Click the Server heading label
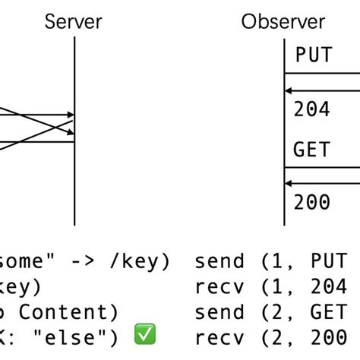(74, 21)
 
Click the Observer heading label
(283, 21)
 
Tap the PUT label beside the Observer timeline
(313, 56)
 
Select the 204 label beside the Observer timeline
(312, 109)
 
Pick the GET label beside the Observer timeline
(312, 149)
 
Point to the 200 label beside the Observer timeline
(312, 202)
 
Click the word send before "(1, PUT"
(219, 261)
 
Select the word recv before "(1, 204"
(219, 286)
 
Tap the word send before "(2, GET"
(219, 311)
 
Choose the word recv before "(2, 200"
(219, 336)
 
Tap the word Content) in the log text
(68, 311)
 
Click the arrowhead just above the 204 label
(289, 92)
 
